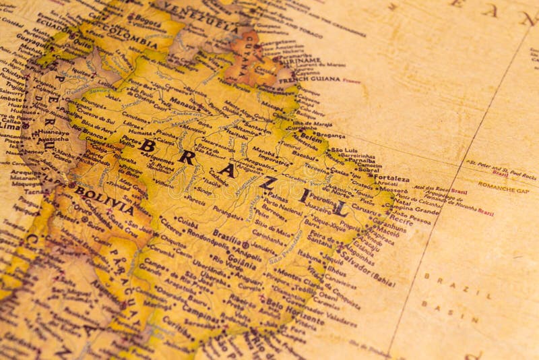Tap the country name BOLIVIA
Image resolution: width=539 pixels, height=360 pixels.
104,200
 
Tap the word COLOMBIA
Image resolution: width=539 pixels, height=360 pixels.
131,38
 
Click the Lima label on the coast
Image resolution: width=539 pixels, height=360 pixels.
10,126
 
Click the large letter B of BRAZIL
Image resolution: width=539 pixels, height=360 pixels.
148,145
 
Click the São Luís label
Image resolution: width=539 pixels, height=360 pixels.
345,150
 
